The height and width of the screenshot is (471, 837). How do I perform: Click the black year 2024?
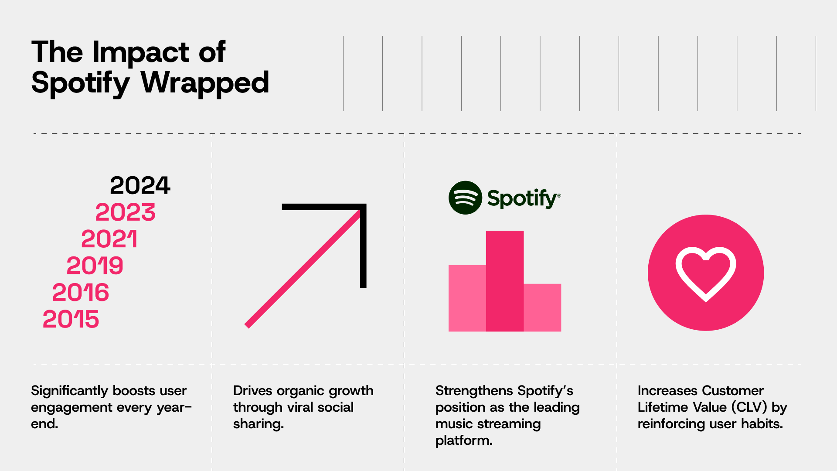point(140,186)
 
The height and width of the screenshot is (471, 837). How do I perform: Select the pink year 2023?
point(126,212)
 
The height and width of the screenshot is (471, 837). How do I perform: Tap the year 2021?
point(109,239)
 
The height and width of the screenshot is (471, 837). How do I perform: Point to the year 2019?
point(95,266)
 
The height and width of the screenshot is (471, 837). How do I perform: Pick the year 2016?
point(81,292)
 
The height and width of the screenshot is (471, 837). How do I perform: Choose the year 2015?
point(71,319)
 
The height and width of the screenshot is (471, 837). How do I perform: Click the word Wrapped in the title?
point(205,83)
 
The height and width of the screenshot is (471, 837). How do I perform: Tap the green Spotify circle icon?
point(465,198)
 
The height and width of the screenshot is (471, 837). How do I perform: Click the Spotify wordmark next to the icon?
point(524,198)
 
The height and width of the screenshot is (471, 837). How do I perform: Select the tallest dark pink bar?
point(505,281)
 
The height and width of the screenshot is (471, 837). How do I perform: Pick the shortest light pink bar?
point(542,307)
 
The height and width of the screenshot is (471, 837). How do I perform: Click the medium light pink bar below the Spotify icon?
point(467,298)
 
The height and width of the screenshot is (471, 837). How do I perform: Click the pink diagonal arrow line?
point(303,268)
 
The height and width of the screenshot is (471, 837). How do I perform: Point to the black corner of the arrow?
point(363,207)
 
